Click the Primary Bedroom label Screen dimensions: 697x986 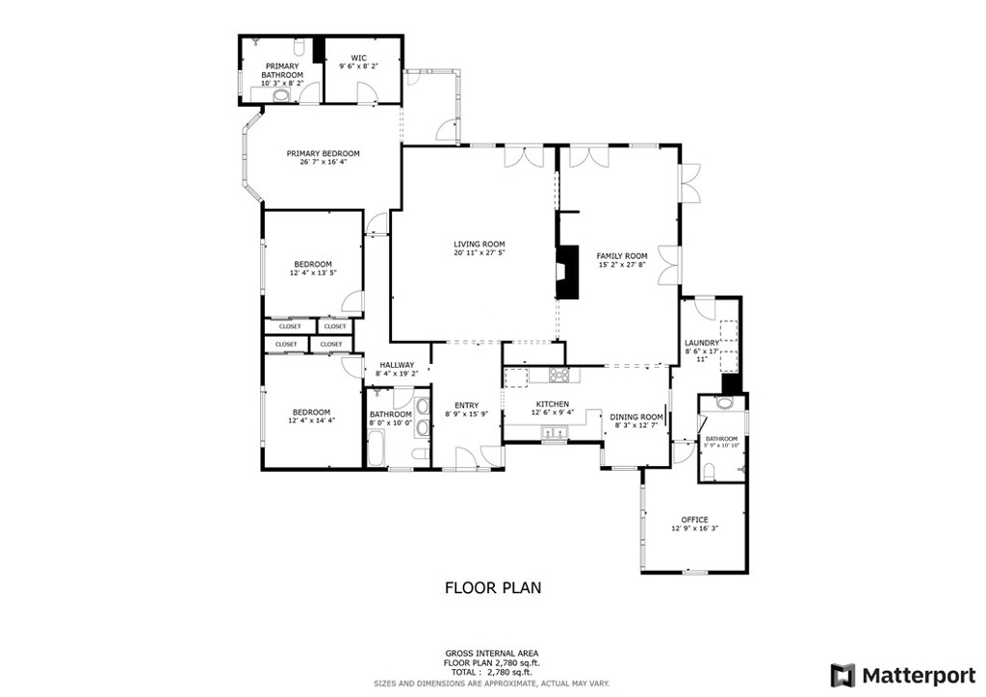(323, 154)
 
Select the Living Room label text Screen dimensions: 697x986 (479, 245)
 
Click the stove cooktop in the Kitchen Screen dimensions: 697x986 (559, 374)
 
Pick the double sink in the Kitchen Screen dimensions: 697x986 (553, 435)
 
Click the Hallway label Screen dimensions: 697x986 (396, 365)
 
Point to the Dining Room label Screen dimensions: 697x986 (636, 417)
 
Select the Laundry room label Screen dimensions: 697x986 (701, 343)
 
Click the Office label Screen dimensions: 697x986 (694, 520)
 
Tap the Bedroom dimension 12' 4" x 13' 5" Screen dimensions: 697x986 (313, 273)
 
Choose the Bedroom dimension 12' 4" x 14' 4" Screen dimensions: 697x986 (310, 421)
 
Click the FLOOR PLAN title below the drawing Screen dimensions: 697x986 (492, 586)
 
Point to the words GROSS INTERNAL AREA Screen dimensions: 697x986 (492, 653)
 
